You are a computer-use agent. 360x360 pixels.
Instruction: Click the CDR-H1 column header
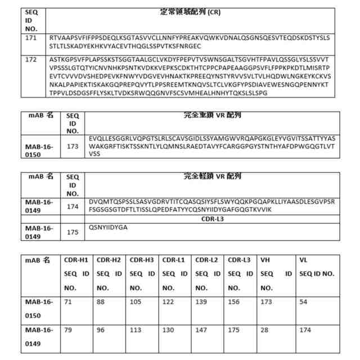point(77,260)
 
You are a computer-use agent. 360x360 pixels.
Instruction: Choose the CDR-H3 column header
point(142,260)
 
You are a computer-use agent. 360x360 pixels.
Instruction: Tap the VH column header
point(266,260)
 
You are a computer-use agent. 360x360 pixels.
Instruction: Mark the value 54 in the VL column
point(304,302)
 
